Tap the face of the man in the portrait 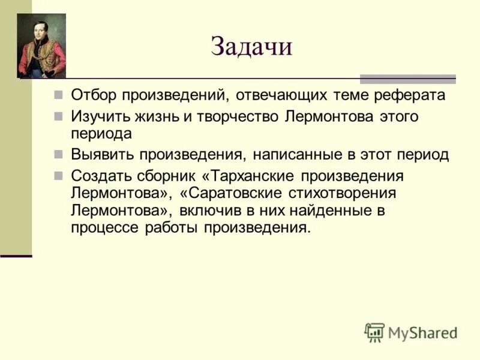(x=40, y=31)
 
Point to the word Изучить (x=97, y=116)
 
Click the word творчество (x=236, y=116)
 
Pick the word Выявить (x=101, y=154)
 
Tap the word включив (x=213, y=211)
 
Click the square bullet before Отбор (x=58, y=95)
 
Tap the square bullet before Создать (x=58, y=176)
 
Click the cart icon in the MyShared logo (x=374, y=332)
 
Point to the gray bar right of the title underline (x=407, y=79)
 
